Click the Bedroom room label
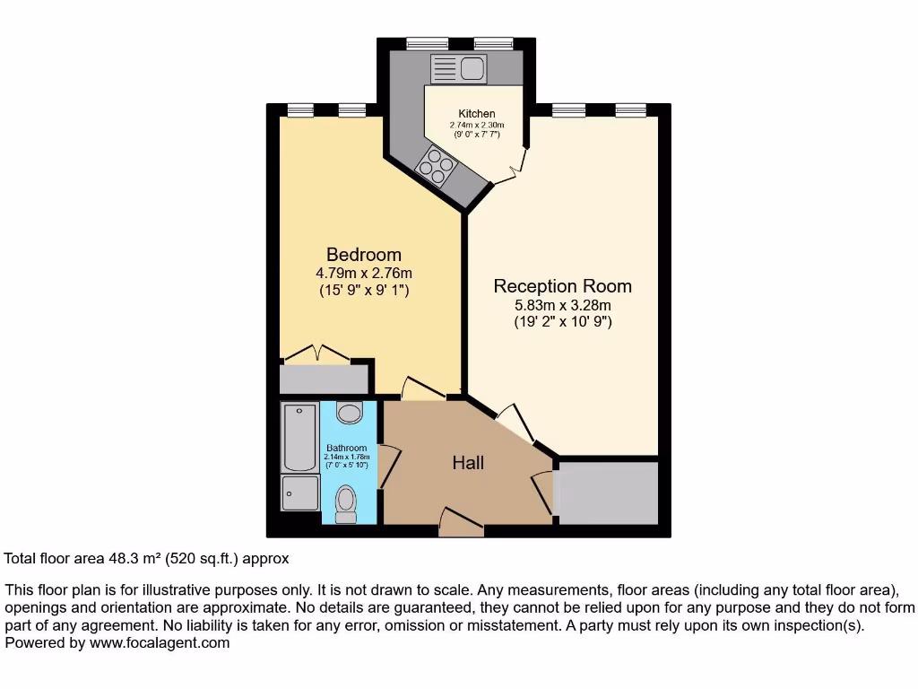pos(363,255)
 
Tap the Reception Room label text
pos(562,286)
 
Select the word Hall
pos(468,463)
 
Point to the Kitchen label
pos(477,114)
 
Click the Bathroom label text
pos(346,448)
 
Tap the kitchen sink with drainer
pos(458,68)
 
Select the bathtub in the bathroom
pos(299,438)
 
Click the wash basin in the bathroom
pos(350,413)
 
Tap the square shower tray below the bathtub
pos(299,494)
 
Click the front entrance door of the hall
pos(461,524)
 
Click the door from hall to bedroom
pos(423,389)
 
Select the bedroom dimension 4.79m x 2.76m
pos(364,273)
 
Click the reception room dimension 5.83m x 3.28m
pos(563,305)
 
